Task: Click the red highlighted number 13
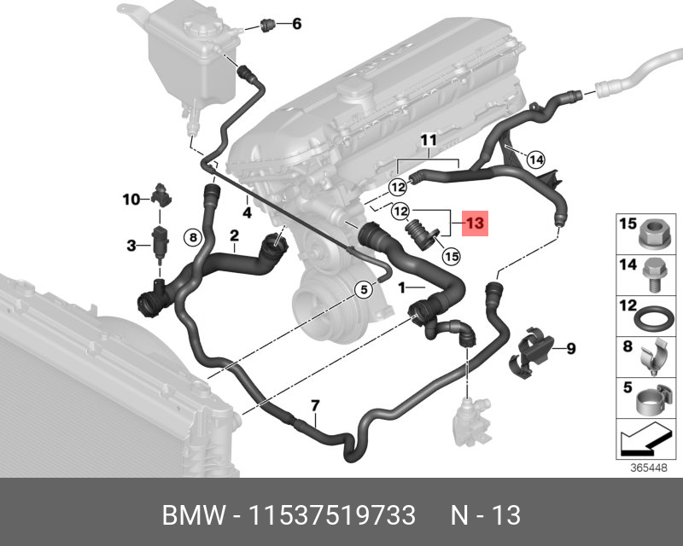coord(475,224)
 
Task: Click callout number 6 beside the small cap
coord(296,24)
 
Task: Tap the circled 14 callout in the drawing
coord(535,159)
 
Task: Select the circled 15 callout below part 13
coord(451,255)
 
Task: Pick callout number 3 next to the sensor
coord(131,246)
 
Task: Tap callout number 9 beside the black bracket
coord(571,347)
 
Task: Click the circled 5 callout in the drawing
coord(363,289)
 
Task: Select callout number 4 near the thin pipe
coord(246,212)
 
